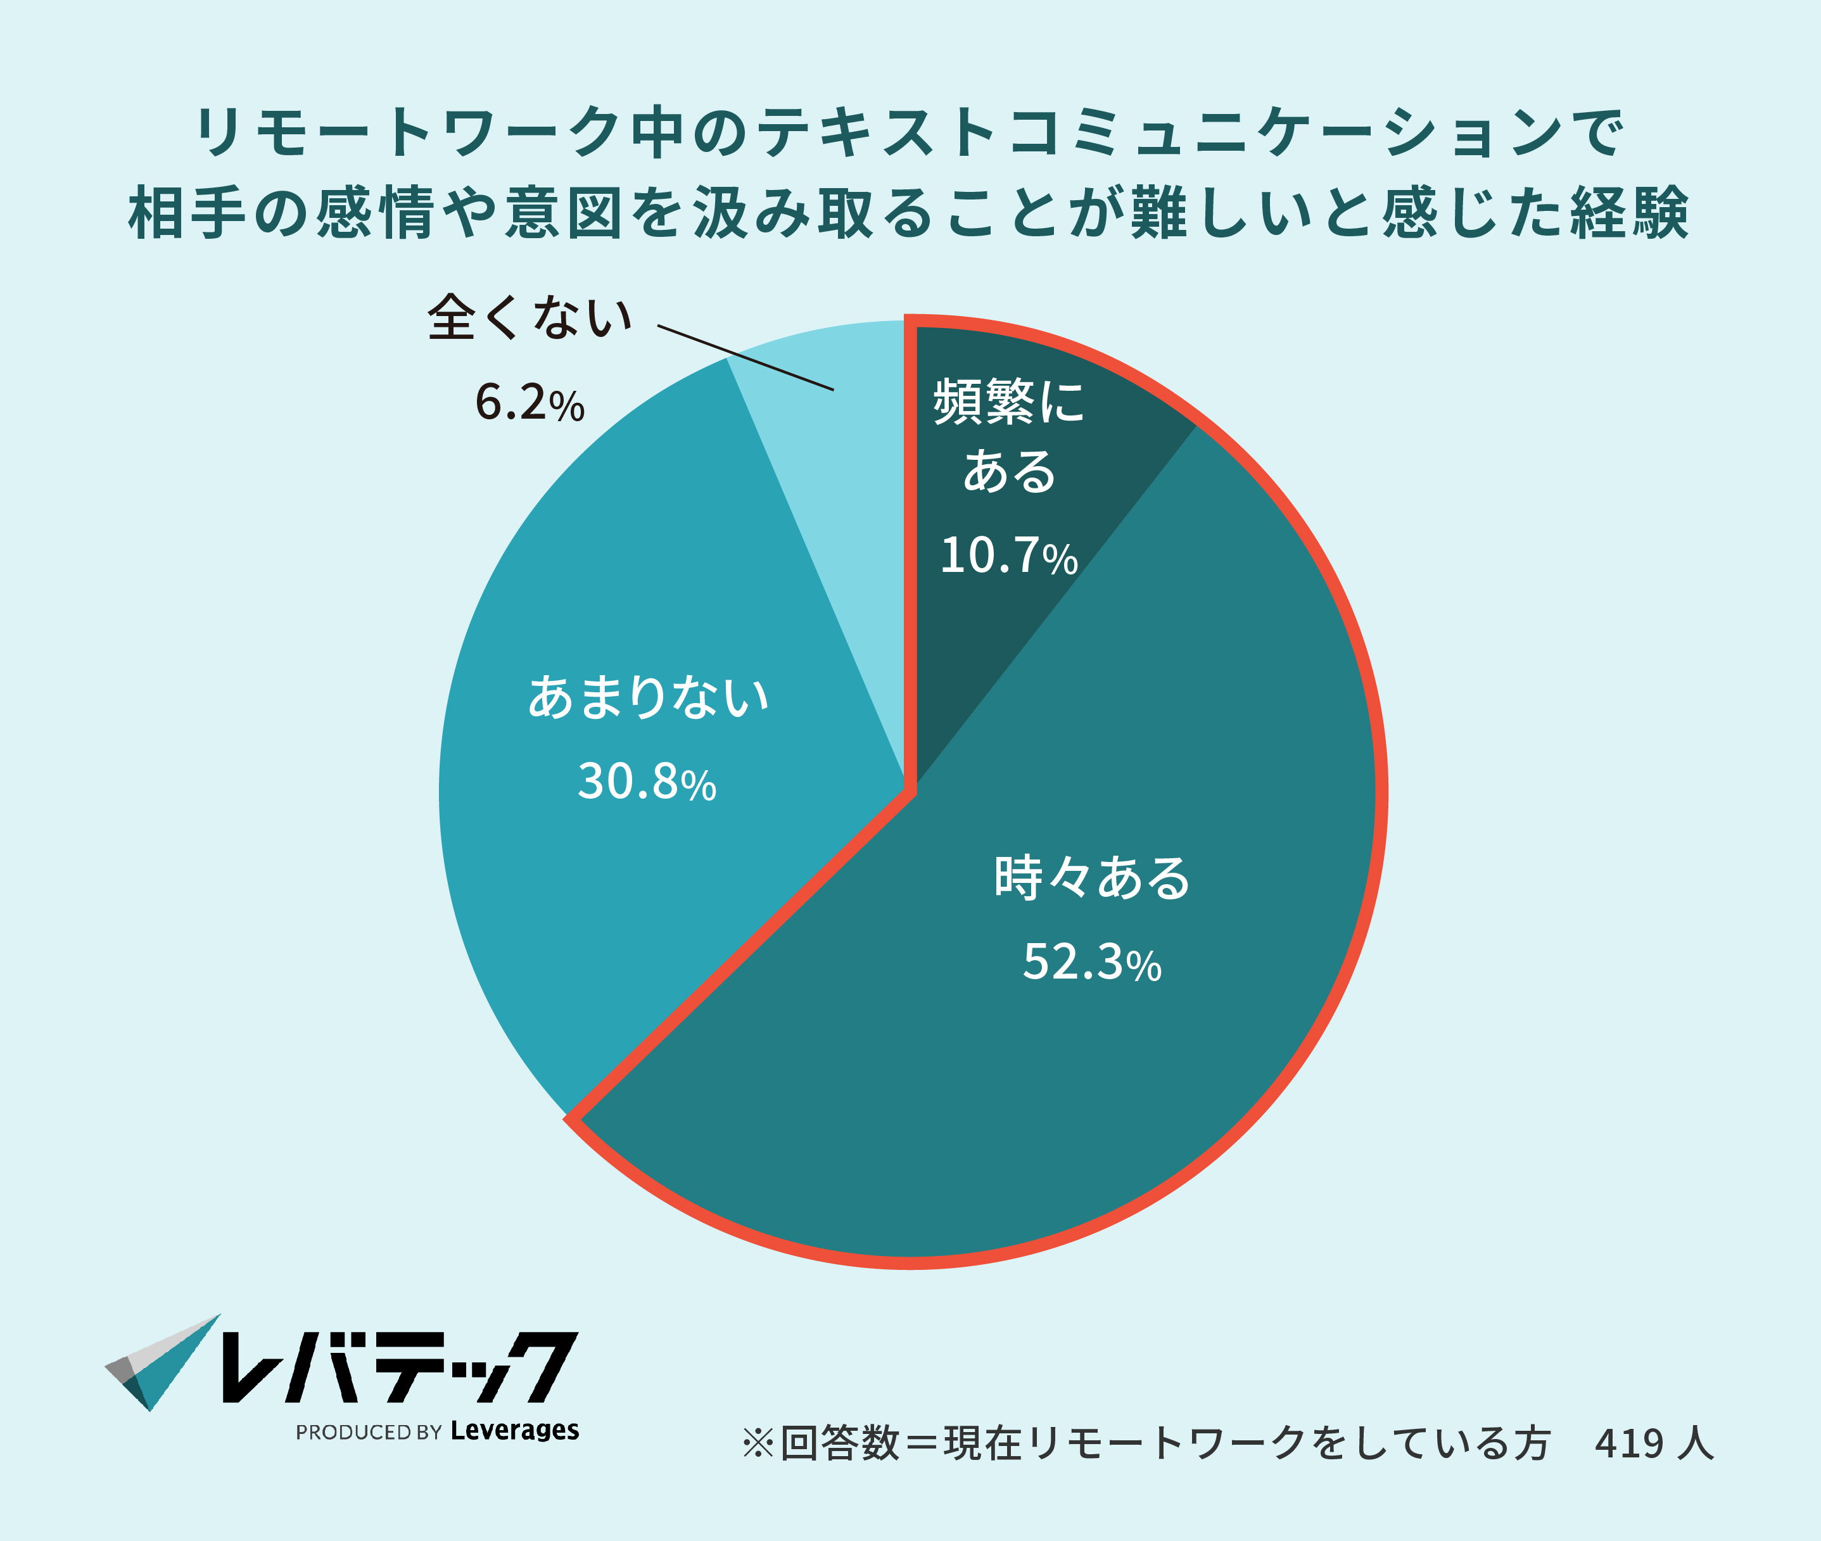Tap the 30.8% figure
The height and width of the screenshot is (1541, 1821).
click(646, 781)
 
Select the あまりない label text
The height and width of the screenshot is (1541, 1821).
click(648, 697)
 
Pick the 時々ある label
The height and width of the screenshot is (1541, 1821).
click(1092, 878)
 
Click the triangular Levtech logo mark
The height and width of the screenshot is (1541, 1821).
click(162, 1363)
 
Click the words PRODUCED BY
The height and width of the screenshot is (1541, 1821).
click(369, 1433)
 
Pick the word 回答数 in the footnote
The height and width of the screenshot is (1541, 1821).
click(839, 1444)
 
